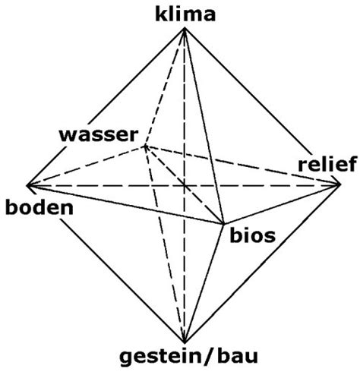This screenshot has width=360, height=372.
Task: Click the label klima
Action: point(185,14)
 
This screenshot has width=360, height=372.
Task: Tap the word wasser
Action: point(99,135)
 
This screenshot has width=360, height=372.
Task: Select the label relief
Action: point(327,164)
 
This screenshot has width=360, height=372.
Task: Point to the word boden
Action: point(39,207)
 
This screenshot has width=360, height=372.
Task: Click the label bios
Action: point(252,236)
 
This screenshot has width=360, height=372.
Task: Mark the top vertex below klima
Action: point(185,29)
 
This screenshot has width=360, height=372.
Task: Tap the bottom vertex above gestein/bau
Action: point(185,343)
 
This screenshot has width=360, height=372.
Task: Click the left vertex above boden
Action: point(27,185)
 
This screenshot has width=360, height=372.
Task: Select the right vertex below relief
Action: point(340,185)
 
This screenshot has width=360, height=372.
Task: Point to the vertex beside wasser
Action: point(145,146)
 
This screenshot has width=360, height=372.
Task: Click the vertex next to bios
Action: point(223,224)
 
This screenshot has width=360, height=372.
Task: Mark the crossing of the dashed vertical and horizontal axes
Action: point(185,186)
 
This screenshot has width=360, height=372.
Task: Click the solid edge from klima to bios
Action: point(204,126)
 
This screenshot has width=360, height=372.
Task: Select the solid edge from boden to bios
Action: point(125,204)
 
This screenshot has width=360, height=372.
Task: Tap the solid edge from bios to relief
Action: point(282,204)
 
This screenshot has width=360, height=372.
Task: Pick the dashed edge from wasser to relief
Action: point(243,166)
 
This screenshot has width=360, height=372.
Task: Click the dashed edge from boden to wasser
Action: point(86,166)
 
